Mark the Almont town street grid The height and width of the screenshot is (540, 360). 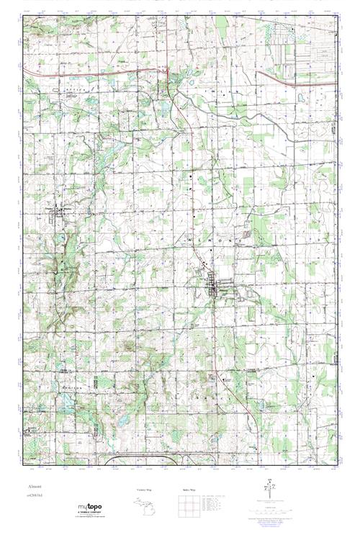213,287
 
